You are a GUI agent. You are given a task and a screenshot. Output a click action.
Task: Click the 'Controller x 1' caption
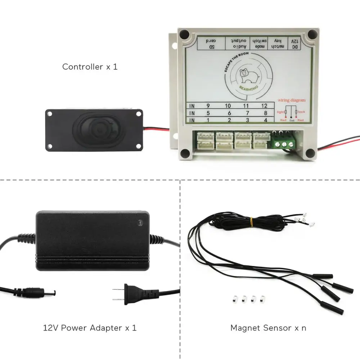90,67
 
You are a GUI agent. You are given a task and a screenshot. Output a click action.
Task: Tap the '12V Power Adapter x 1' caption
90,328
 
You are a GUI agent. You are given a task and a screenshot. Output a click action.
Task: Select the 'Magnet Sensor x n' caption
268,328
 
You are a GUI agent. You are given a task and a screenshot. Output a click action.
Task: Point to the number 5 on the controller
208,113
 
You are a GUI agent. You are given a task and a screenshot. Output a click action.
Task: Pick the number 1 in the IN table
208,120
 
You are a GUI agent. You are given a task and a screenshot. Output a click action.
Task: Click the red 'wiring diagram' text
291,100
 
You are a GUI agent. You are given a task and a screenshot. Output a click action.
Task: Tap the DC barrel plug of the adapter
40,291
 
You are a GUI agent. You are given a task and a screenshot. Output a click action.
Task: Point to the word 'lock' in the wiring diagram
301,112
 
